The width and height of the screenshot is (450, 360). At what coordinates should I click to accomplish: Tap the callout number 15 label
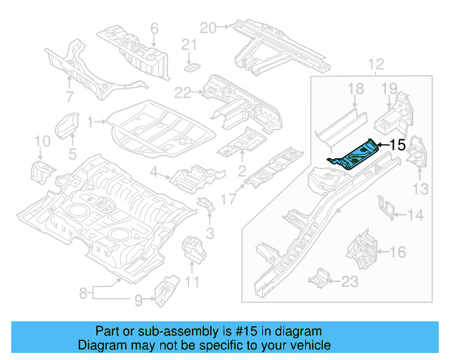tap(397, 146)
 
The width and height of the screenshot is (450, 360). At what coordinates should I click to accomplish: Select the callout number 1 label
tap(90, 122)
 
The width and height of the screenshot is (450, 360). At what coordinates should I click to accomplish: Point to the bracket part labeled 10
tap(41, 171)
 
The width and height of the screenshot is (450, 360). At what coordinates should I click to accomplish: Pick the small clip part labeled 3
tap(207, 205)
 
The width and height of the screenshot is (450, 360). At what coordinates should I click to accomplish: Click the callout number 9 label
tap(138, 301)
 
